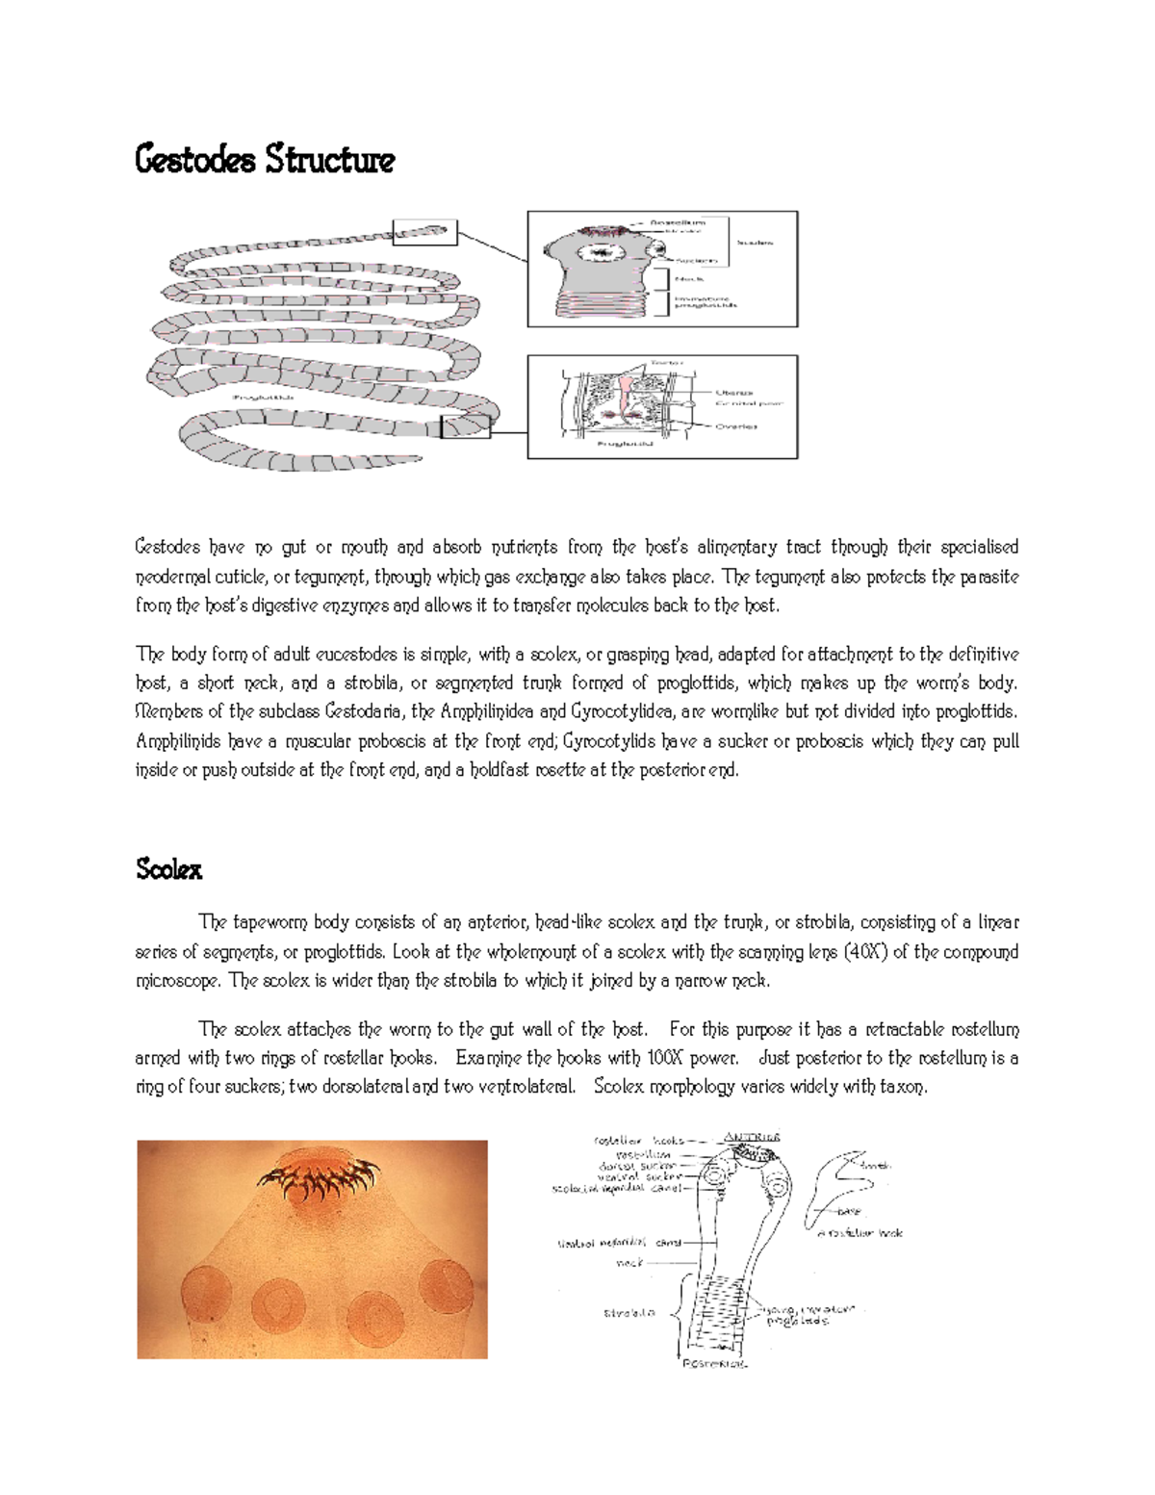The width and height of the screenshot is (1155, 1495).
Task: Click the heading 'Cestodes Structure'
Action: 265,160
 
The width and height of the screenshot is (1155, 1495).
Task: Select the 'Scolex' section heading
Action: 169,870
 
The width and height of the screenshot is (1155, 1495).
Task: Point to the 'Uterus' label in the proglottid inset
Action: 733,393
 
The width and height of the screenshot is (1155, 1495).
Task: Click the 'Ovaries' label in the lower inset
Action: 735,426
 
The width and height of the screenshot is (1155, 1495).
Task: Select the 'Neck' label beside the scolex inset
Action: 689,279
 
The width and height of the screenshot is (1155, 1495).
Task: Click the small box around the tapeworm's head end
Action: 424,232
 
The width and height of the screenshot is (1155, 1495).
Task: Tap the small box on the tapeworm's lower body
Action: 465,426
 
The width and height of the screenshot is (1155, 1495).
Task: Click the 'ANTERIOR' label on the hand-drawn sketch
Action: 751,1137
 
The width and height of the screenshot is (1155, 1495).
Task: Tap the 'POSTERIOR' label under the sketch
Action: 715,1363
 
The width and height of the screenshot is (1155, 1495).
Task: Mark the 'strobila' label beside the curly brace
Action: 629,1313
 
